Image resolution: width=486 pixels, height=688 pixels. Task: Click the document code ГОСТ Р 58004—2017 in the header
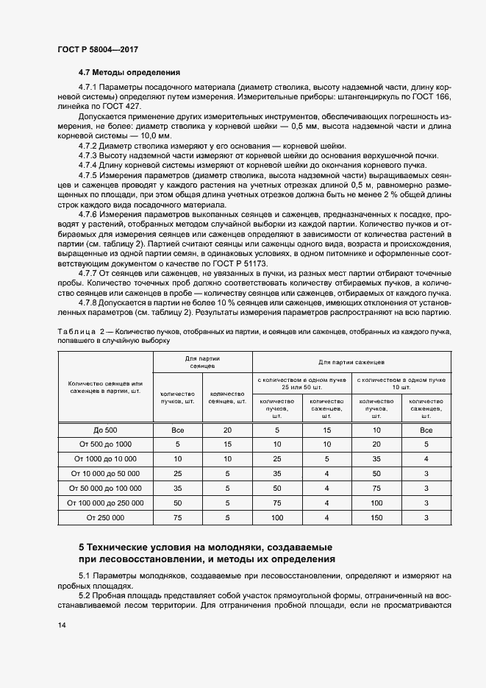pyautogui.click(x=98, y=49)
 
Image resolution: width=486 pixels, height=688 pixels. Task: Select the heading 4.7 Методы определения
pyautogui.click(x=129, y=72)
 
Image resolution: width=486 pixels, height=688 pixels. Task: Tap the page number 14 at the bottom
pyautogui.click(x=62, y=625)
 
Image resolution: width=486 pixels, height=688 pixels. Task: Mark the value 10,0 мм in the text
pyautogui.click(x=154, y=136)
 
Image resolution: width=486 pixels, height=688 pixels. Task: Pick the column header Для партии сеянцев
pyautogui.click(x=201, y=361)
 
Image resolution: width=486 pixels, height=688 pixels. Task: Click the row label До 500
pyautogui.click(x=104, y=430)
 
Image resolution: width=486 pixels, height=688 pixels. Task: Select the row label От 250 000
pyautogui.click(x=104, y=518)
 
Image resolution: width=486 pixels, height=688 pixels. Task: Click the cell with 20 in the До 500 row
pyautogui.click(x=227, y=430)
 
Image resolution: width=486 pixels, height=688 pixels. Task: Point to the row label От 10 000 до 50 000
pyautogui.click(x=104, y=474)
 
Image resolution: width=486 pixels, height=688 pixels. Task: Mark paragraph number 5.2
pyautogui.click(x=83, y=594)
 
